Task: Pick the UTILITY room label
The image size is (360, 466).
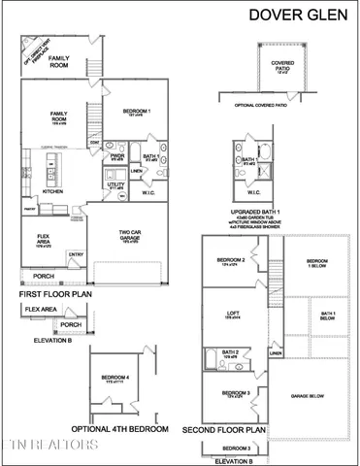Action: tap(115, 184)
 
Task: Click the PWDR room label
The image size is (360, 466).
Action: tap(117, 154)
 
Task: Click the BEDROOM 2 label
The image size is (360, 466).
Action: tap(230, 261)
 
